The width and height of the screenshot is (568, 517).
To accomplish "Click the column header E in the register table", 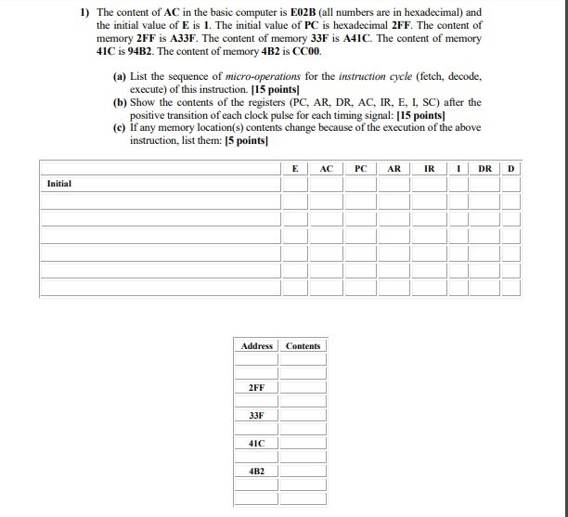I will (295, 169).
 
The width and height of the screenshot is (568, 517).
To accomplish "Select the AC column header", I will (326, 169).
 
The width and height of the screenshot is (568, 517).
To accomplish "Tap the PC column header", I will (360, 169).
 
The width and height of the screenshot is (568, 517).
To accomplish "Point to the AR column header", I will (394, 169).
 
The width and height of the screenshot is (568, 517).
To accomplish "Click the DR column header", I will (484, 169).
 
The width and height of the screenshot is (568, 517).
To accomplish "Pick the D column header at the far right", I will (510, 169).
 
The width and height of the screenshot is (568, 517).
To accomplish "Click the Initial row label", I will (59, 184).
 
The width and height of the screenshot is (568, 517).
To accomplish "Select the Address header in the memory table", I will (256, 346).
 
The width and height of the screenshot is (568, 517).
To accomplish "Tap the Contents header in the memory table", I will (303, 346).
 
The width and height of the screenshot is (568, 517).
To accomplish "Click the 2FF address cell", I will (256, 386).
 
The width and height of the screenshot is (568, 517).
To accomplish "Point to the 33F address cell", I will (256, 415).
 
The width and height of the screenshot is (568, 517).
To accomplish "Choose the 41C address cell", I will (256, 444).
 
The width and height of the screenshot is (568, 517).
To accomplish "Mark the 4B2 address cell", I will (256, 472).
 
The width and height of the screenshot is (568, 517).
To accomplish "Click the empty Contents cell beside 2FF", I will (303, 386).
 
